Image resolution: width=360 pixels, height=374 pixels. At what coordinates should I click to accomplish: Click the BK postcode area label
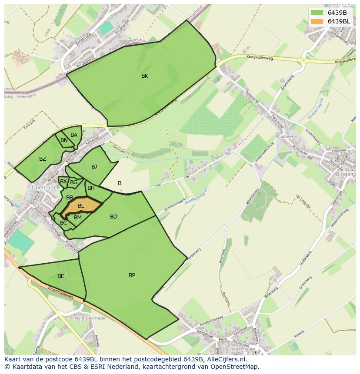(x=145, y=76)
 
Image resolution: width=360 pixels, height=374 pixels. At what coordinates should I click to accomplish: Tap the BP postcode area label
(x=132, y=275)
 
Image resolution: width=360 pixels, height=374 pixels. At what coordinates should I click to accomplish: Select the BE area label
(x=61, y=276)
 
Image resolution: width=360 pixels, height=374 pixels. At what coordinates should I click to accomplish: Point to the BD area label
(x=113, y=217)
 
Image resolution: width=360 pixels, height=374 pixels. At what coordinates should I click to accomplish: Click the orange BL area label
(x=81, y=206)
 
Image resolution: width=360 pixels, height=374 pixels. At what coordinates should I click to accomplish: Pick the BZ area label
(x=42, y=159)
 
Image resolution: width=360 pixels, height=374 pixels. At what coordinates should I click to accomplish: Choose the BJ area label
(x=94, y=167)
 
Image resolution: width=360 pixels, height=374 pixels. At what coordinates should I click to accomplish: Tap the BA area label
(x=74, y=135)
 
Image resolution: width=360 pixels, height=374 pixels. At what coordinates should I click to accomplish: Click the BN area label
(x=64, y=140)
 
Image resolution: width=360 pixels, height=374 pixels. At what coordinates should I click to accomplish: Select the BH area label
(x=91, y=188)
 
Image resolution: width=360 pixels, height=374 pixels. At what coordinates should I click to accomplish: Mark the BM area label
(x=78, y=218)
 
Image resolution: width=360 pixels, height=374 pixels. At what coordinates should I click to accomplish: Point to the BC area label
(x=63, y=223)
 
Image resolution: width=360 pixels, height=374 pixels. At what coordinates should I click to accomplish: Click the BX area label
(x=63, y=182)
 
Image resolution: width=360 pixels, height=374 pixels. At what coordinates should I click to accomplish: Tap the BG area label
(x=74, y=182)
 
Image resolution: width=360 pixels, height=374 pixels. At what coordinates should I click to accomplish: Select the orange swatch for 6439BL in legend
(x=317, y=21)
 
